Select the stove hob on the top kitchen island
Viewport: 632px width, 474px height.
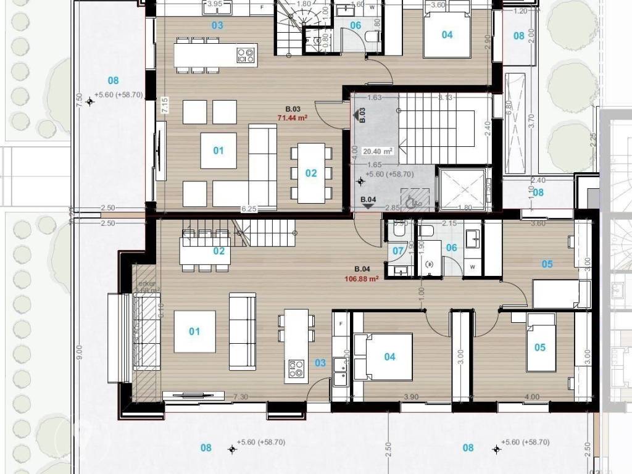point(246,56)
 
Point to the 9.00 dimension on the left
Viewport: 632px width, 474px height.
point(78,352)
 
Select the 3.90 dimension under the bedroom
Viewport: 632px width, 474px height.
point(412,397)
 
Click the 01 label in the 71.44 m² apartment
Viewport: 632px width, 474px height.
point(218,151)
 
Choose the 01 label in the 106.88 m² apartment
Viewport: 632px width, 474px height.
point(194,331)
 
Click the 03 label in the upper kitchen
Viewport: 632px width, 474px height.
point(217,25)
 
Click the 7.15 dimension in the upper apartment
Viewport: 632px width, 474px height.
point(165,105)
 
